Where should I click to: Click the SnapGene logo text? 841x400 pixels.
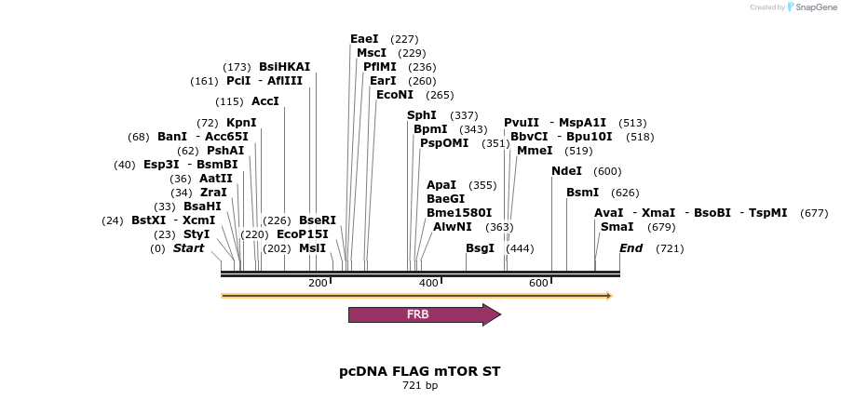[811, 7]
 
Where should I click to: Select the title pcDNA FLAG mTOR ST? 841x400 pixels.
[419, 371]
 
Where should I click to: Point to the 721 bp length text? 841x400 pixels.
[419, 385]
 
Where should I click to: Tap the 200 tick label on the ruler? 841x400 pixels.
[318, 283]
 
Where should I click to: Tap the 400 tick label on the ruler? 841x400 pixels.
[428, 283]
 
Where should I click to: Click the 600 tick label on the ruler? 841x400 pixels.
[538, 283]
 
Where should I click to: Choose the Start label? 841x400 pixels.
[188, 248]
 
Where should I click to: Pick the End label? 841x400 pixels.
[631, 248]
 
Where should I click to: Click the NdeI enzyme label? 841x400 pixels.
[566, 171]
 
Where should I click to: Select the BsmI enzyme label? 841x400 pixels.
[583, 193]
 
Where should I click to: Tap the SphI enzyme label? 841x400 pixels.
[422, 115]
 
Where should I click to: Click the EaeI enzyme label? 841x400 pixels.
[364, 39]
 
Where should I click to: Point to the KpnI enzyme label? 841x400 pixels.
[241, 123]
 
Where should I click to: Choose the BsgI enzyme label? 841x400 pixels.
[480, 248]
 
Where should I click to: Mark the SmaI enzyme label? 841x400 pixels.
[617, 227]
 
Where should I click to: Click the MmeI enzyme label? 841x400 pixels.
[535, 151]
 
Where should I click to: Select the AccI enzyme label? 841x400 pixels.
[265, 101]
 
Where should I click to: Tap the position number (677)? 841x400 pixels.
[814, 213]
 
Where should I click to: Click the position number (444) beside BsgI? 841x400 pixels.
[520, 248]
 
